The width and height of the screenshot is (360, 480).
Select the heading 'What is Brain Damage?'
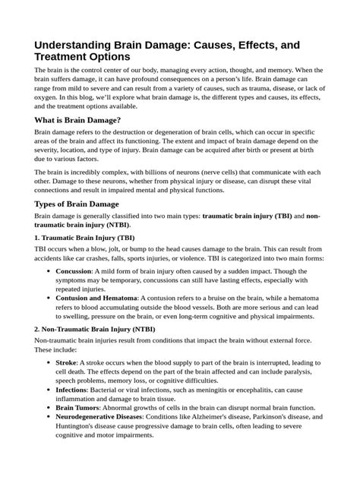pos(78,119)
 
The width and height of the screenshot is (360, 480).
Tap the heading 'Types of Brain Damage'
pos(77,204)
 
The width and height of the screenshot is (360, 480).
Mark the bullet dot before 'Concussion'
pos(49,271)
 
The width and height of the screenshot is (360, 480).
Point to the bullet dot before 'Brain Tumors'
pos(49,409)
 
